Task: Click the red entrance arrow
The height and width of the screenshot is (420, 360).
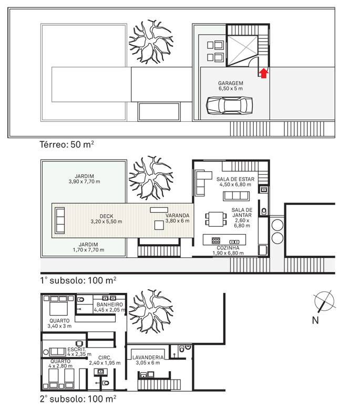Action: [x=264, y=73]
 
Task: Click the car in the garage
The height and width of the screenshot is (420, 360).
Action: [x=229, y=106]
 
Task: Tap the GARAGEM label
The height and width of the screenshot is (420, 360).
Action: [x=231, y=83]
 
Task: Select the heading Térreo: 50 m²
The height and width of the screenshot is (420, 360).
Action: [x=67, y=144]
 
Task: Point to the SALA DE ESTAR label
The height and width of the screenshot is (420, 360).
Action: [x=235, y=179]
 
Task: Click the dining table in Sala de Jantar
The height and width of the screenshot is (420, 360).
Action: [x=216, y=219]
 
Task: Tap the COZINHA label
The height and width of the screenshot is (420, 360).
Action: [x=228, y=248]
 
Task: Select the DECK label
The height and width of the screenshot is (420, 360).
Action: [x=106, y=216]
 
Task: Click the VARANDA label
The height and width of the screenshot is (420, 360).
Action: [x=178, y=215]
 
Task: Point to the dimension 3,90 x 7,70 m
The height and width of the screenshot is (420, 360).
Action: [x=85, y=182]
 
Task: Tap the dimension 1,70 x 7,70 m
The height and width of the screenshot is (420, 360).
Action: [x=88, y=250]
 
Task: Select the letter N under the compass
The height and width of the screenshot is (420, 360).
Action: [x=315, y=320]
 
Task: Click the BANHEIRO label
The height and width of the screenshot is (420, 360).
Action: [x=110, y=304]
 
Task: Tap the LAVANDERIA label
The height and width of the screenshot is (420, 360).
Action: [x=148, y=358]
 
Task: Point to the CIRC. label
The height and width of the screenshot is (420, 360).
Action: [x=105, y=358]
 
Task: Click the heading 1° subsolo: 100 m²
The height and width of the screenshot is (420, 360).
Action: [x=78, y=280]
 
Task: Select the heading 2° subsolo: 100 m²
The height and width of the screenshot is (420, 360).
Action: [x=78, y=399]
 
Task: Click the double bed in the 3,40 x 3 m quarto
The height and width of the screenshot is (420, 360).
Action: [x=59, y=306]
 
